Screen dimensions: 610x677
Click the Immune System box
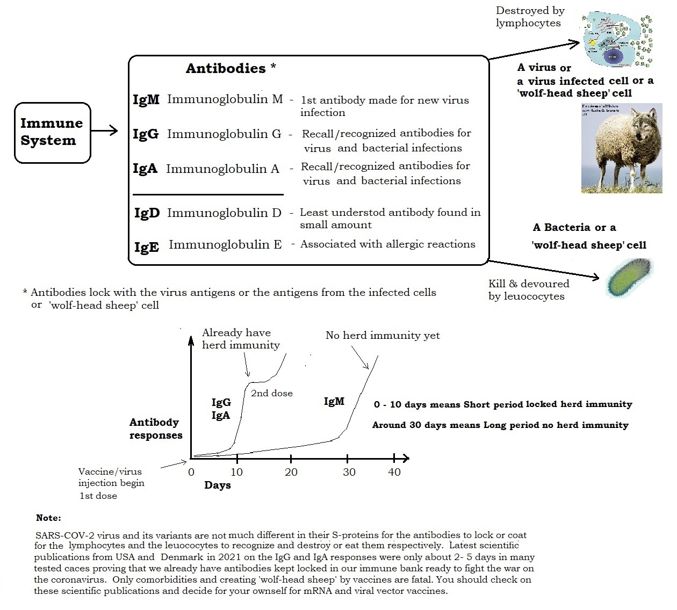click(x=52, y=132)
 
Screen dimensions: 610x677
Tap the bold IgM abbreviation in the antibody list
click(x=146, y=100)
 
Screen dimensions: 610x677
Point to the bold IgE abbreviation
click(x=147, y=247)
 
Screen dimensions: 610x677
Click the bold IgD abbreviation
click(x=147, y=213)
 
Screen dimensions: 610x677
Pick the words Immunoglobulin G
click(x=224, y=134)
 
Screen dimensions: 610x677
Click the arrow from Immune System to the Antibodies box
click(x=104, y=130)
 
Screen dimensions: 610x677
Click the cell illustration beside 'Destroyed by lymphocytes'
click(x=617, y=40)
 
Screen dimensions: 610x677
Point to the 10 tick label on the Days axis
click(x=236, y=473)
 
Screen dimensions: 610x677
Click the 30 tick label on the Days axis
click(x=349, y=473)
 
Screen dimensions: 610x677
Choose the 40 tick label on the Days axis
click(x=394, y=473)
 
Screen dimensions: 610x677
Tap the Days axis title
click(x=218, y=485)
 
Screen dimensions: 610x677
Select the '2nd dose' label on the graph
click(x=272, y=393)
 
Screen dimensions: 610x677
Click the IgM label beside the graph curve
click(x=334, y=401)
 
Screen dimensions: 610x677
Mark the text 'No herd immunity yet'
click(x=383, y=336)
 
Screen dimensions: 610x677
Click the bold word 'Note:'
click(x=48, y=518)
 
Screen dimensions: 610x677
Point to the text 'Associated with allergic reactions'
click(x=387, y=244)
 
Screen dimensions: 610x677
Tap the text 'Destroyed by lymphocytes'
click(x=530, y=17)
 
